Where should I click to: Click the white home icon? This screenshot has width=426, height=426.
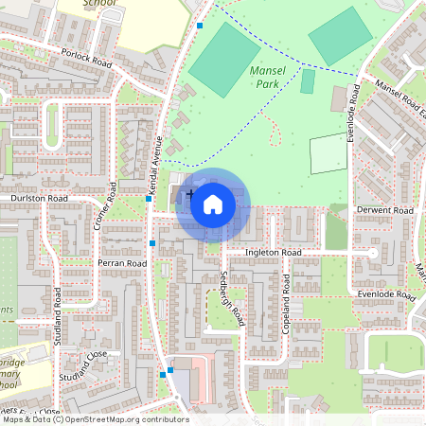point(213,203)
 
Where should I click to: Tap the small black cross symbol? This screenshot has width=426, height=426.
point(190,194)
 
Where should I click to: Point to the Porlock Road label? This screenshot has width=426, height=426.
point(85,58)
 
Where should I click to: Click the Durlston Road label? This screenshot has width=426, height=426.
point(39,199)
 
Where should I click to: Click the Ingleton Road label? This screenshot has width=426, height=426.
point(273,254)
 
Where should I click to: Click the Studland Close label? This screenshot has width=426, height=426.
point(84,368)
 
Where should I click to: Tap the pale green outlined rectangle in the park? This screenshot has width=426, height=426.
point(328,153)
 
